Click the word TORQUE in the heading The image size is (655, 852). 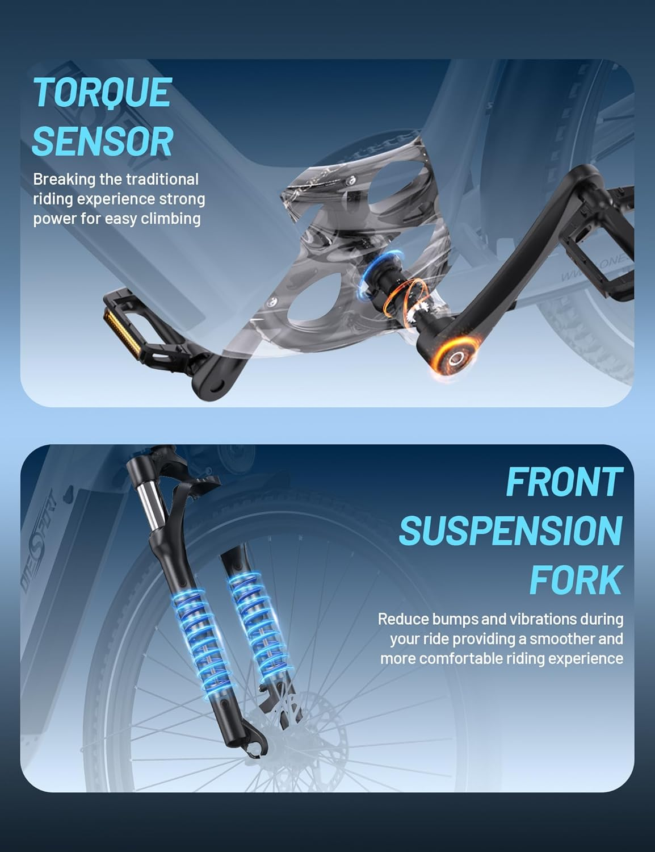point(103,92)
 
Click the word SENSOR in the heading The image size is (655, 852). point(103,141)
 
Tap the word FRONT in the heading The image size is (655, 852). point(564,482)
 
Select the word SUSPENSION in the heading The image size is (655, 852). point(511,531)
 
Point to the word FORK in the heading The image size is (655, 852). point(576,579)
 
